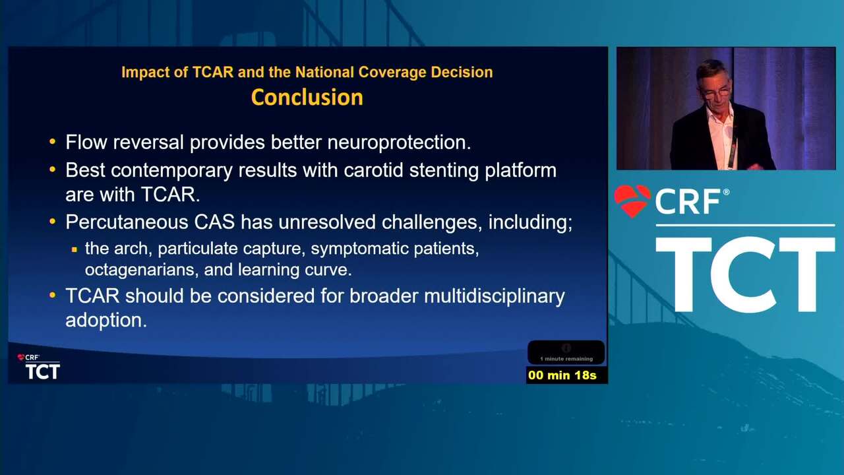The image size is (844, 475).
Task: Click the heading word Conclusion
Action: click(307, 97)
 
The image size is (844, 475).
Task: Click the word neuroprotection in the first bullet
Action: click(399, 142)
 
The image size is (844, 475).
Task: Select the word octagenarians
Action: click(142, 270)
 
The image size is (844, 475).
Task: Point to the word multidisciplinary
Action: click(495, 297)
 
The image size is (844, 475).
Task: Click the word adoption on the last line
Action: click(106, 321)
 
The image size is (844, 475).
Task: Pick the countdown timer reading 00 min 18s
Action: click(562, 375)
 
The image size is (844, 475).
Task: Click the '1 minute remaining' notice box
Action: click(566, 352)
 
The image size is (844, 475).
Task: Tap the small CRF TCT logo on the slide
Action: click(38, 366)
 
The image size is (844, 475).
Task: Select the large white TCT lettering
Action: click(745, 274)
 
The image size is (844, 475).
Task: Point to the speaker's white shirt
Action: click(721, 136)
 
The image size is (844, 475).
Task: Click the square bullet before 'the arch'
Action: click(75, 249)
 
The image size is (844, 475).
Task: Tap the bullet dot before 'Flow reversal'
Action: click(52, 142)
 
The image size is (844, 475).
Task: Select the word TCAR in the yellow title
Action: click(213, 72)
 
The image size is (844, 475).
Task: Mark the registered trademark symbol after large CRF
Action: click(726, 192)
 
